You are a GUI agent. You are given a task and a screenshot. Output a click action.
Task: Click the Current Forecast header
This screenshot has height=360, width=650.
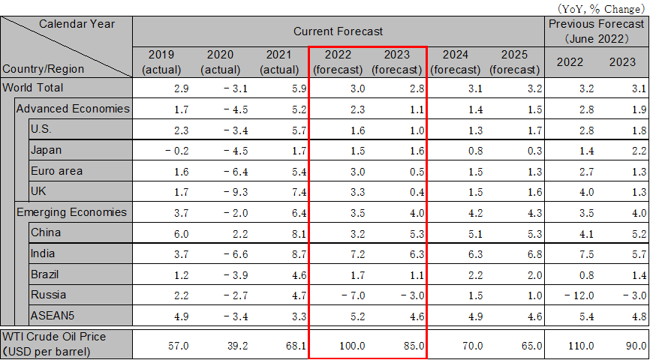(x=338, y=31)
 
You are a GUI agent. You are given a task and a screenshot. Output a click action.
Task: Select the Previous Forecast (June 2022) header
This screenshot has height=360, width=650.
(x=597, y=31)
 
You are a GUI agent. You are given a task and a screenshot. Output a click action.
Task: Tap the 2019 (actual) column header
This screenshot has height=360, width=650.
(x=161, y=61)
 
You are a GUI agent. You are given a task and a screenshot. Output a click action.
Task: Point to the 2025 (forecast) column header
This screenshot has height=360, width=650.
(x=514, y=61)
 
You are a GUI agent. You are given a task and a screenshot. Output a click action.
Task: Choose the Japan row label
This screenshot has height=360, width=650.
(x=46, y=150)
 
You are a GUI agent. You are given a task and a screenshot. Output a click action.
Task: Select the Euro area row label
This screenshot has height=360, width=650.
(x=56, y=171)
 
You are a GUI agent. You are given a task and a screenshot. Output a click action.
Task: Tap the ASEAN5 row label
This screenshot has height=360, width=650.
(x=52, y=314)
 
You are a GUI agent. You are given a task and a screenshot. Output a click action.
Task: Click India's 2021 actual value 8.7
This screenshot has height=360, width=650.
(x=280, y=254)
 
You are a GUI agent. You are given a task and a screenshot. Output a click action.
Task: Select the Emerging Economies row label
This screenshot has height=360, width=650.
(x=71, y=212)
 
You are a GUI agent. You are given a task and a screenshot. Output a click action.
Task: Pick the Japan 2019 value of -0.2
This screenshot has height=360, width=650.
(x=166, y=150)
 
